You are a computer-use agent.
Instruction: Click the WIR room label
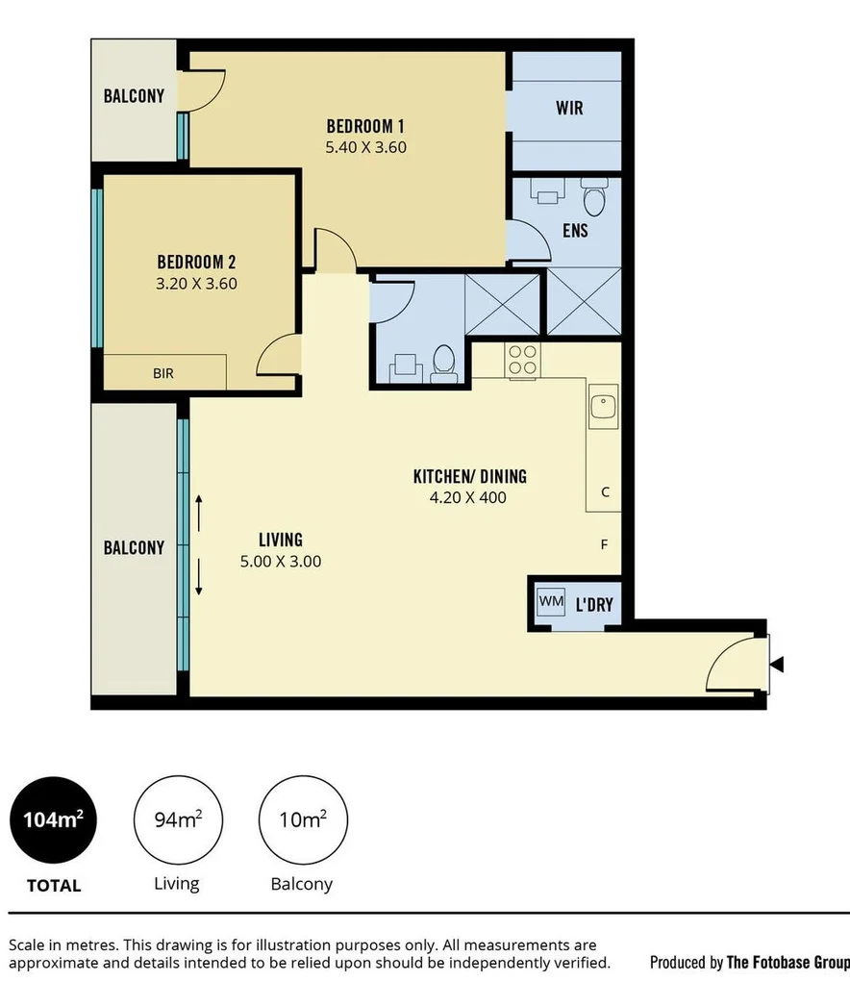point(568,108)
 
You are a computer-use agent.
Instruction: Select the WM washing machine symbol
point(551,602)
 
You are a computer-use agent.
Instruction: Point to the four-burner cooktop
point(522,361)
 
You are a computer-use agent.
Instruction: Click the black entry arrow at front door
point(778,664)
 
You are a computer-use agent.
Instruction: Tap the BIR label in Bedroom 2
point(163,372)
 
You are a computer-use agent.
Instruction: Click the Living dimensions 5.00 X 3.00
point(281,561)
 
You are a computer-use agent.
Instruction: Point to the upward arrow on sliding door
point(200,507)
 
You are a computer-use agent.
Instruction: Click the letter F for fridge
point(604,544)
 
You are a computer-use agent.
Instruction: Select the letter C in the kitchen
point(605,491)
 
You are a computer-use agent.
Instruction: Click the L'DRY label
point(593,605)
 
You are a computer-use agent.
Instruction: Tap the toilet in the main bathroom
point(444,363)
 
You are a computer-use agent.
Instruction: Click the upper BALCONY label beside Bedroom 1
point(134,96)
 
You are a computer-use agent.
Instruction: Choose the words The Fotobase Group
point(787,962)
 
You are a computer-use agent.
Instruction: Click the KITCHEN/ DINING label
point(469,476)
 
